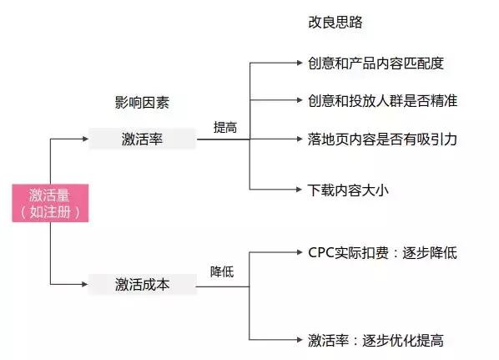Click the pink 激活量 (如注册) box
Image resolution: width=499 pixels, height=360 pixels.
click(x=50, y=203)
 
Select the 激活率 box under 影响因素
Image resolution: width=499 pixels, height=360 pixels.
click(x=143, y=139)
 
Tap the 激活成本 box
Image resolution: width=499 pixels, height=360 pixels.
click(x=143, y=284)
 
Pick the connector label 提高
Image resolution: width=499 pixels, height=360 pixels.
click(x=224, y=128)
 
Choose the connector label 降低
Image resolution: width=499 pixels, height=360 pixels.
click(x=221, y=272)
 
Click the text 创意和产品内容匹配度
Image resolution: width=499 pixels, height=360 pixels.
click(x=376, y=63)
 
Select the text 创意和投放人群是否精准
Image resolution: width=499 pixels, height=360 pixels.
click(x=381, y=100)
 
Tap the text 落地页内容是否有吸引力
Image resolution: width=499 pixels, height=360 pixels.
click(x=381, y=139)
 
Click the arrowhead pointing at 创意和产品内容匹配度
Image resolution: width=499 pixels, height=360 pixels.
click(x=299, y=63)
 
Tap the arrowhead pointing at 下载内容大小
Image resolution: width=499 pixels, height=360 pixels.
click(x=299, y=190)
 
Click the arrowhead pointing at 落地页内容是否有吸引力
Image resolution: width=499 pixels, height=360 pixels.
click(x=299, y=139)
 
